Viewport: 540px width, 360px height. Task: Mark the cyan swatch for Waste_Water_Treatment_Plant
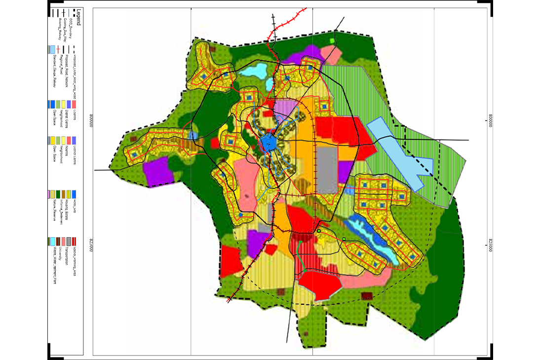coord(53,241)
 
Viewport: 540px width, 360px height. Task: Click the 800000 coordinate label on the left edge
coord(90,121)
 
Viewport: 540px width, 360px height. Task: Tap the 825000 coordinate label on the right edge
coord(490,245)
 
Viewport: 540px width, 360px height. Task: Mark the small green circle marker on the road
coord(319,231)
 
